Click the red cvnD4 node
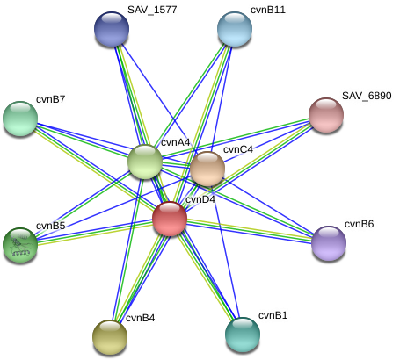pos(170,219)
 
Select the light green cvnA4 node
pos(145,162)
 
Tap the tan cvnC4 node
pos(207,169)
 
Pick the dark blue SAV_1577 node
pos(112,29)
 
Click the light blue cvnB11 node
pos(235,29)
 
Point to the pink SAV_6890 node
pos(326,115)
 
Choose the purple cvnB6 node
pos(329,243)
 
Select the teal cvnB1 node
pos(243,335)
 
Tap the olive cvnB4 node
pos(110,337)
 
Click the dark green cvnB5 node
pos(20,245)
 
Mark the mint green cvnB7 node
pos(20,119)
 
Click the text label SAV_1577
pos(152,10)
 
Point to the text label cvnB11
pos(268,10)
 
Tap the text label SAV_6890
pos(367,96)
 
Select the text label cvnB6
pos(360,224)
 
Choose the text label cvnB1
pos(273,315)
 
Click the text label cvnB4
pos(141,318)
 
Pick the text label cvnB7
pos(50,99)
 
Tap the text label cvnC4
pos(238,149)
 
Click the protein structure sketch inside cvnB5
pos(20,246)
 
